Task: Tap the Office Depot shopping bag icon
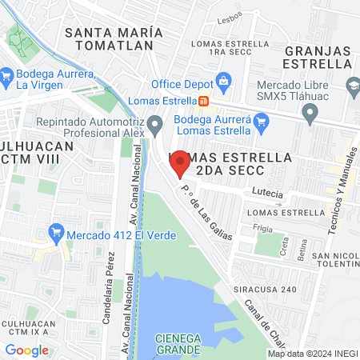coord(223,81)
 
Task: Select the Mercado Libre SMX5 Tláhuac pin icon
coord(310,115)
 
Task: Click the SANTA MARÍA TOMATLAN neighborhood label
coord(114,39)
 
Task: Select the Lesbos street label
coord(230,14)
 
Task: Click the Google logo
coord(26,350)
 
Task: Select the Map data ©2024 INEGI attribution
coord(312,354)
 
